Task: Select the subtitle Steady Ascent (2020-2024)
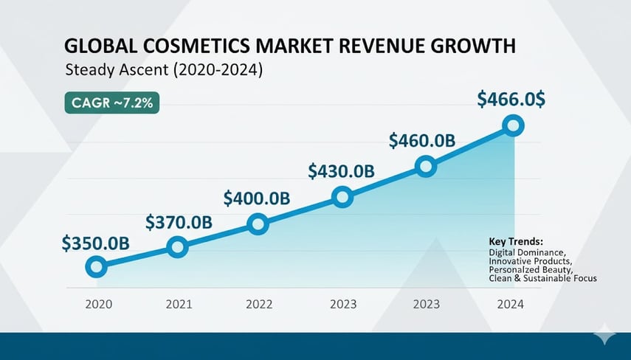(164, 72)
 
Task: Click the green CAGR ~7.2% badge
(113, 103)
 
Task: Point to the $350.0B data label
(97, 243)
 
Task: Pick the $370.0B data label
(179, 221)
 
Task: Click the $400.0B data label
(256, 198)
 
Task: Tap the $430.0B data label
(341, 170)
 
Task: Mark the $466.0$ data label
(511, 100)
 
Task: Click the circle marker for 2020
(96, 267)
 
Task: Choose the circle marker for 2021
(177, 247)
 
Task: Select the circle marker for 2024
(514, 125)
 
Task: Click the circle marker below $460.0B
(425, 167)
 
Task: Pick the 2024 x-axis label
(510, 303)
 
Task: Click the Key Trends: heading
(516, 241)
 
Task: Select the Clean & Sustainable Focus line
(542, 278)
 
